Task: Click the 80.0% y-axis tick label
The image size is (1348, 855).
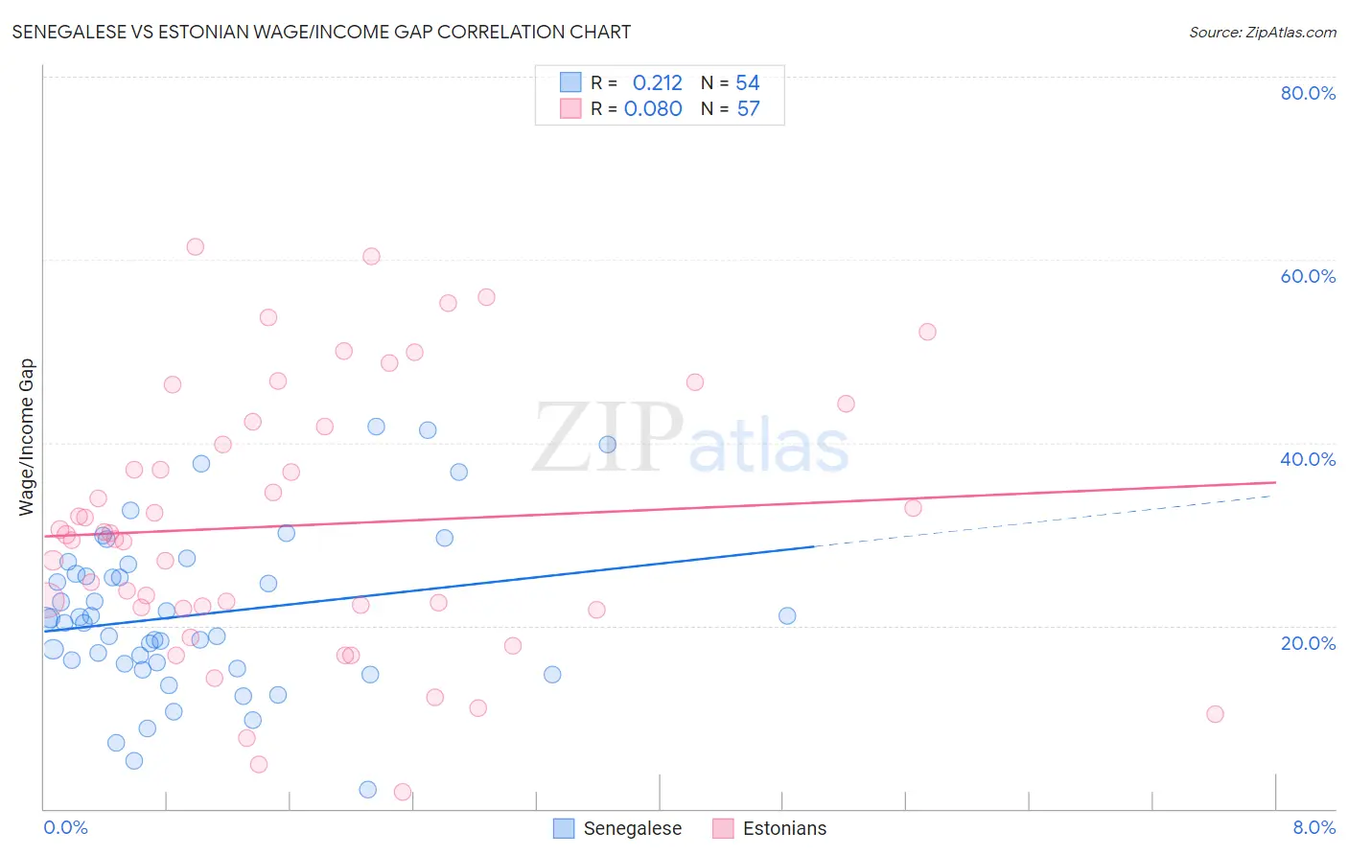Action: (x=1308, y=93)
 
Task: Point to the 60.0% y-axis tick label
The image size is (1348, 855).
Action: (x=1308, y=276)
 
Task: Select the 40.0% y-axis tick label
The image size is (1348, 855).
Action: (x=1308, y=459)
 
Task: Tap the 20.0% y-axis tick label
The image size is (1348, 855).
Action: (x=1308, y=643)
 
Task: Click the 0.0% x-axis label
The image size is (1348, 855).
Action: (x=65, y=827)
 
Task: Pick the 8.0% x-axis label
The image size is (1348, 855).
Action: (x=1313, y=827)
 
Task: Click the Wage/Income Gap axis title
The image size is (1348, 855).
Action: (x=27, y=437)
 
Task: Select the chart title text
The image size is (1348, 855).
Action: (x=321, y=32)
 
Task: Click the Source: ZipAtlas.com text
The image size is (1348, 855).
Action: (x=1262, y=33)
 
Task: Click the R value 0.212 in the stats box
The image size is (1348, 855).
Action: (x=657, y=83)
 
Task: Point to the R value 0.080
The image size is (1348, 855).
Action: (x=653, y=108)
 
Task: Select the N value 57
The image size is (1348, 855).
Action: (x=748, y=108)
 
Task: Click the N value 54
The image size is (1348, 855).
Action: (x=748, y=83)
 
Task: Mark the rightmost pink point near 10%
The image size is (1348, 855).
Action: (x=1215, y=714)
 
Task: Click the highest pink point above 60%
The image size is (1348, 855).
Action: (x=195, y=246)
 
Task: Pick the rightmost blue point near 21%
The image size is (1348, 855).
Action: (x=787, y=615)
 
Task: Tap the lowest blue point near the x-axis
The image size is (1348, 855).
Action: (x=367, y=790)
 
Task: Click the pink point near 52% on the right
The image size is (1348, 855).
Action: (x=927, y=332)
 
